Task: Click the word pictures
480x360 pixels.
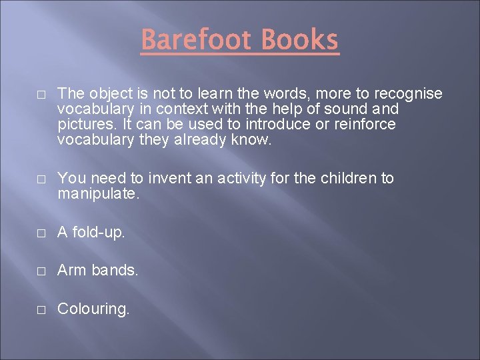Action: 83,125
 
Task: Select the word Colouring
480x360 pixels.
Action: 93,309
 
